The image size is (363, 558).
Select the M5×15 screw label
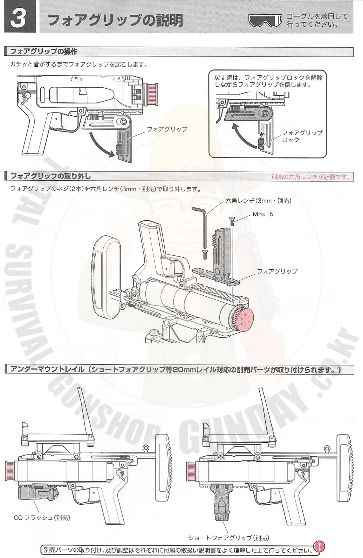tap(262, 214)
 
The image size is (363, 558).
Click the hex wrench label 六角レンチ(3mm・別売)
tap(259, 201)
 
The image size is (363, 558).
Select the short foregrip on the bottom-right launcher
tap(223, 502)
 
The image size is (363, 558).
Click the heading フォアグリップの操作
tap(44, 52)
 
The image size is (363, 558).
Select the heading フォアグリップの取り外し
tap(50, 176)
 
